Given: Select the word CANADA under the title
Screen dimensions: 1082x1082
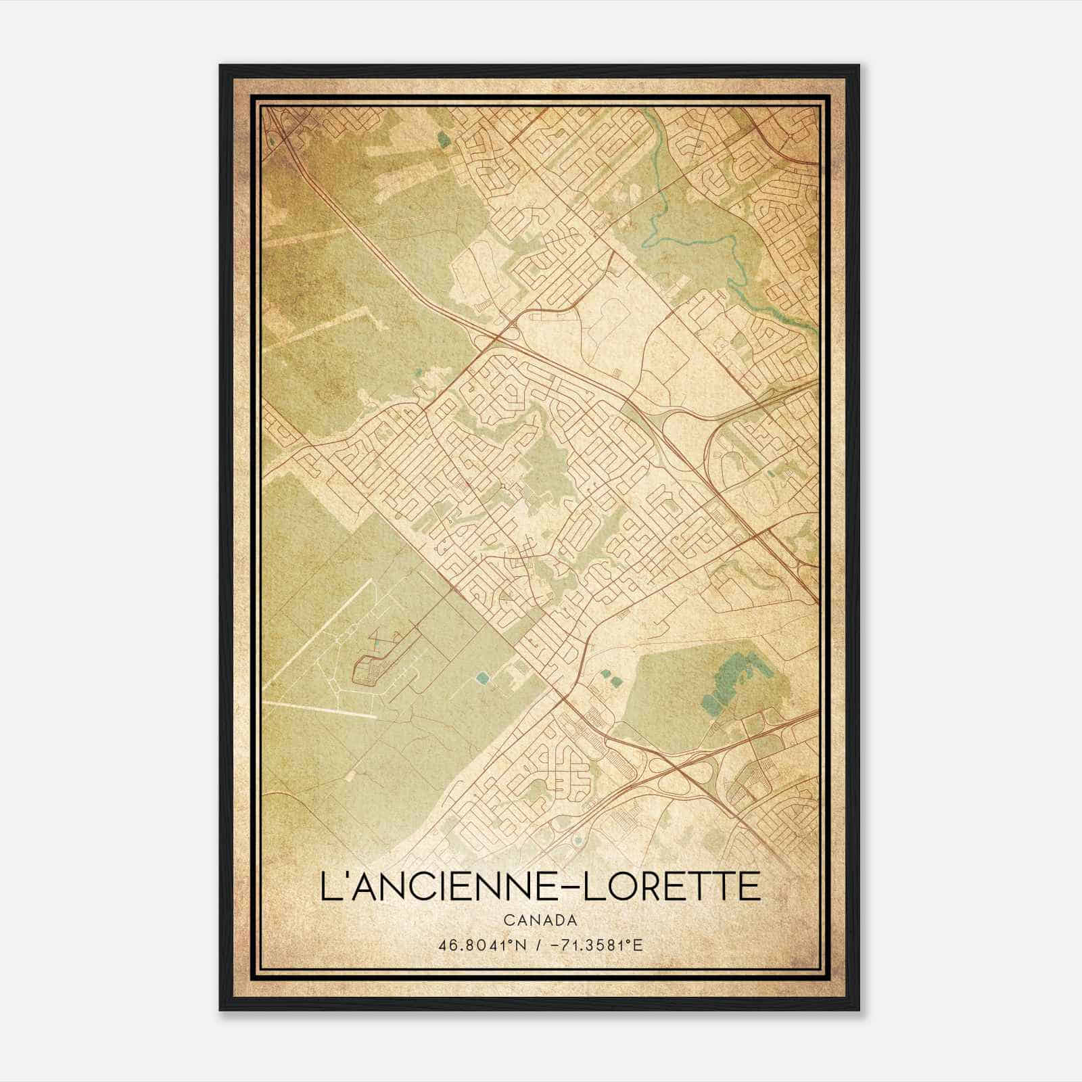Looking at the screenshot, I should [x=540, y=920].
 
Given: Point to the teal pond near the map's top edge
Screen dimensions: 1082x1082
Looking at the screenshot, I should [x=444, y=140].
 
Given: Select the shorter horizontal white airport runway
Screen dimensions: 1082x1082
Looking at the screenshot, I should [x=318, y=710].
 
